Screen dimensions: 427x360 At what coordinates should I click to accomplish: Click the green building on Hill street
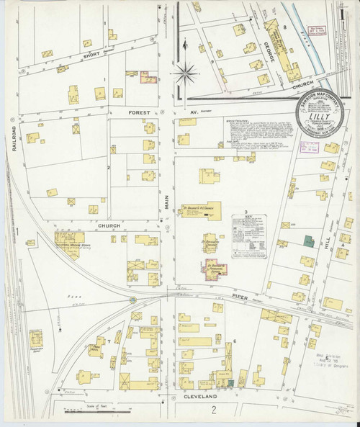pyautogui.click(x=308, y=243)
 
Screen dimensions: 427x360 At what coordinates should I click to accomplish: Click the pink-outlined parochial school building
pyautogui.click(x=215, y=270)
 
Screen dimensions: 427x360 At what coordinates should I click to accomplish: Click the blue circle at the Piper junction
pyautogui.click(x=132, y=300)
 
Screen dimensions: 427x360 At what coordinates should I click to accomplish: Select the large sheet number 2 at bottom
pyautogui.click(x=214, y=410)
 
